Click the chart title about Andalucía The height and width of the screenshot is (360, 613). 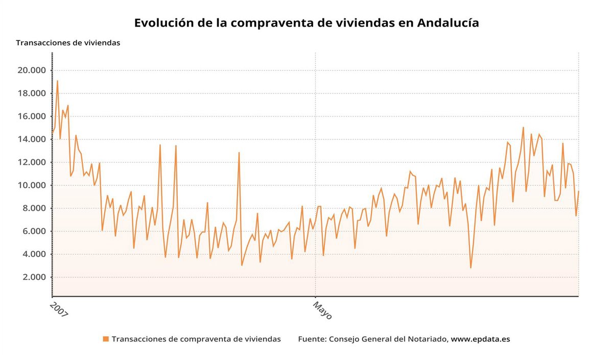pos(306,23)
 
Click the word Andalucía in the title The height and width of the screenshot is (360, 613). pos(447,23)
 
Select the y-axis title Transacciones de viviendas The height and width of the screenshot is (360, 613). pos(68,43)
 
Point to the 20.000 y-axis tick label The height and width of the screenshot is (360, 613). pos(32,70)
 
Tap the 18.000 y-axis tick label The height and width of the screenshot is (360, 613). pos(32,93)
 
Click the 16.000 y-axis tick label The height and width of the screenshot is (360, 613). pos(32,116)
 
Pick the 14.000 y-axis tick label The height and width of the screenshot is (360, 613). pos(32,139)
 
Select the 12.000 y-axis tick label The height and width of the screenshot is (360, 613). pos(32,162)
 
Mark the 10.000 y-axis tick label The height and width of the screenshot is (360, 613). pos(32,185)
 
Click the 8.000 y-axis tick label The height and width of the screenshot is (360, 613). pos(34,208)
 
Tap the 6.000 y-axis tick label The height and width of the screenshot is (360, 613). pos(34,231)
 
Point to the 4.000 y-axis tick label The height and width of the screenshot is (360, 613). pos(34,254)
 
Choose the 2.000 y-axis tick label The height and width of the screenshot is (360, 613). pos(34,277)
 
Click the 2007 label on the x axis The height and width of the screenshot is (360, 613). pos(59,309)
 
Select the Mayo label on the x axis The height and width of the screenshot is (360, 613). pos(322,310)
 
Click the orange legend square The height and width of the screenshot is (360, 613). pos(106,339)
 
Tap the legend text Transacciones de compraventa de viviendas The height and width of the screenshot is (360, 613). pos(196,339)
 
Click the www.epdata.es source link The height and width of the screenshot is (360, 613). pos(480,339)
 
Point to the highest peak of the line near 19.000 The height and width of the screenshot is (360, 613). pos(57,81)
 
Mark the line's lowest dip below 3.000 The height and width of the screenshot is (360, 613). pos(470,268)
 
